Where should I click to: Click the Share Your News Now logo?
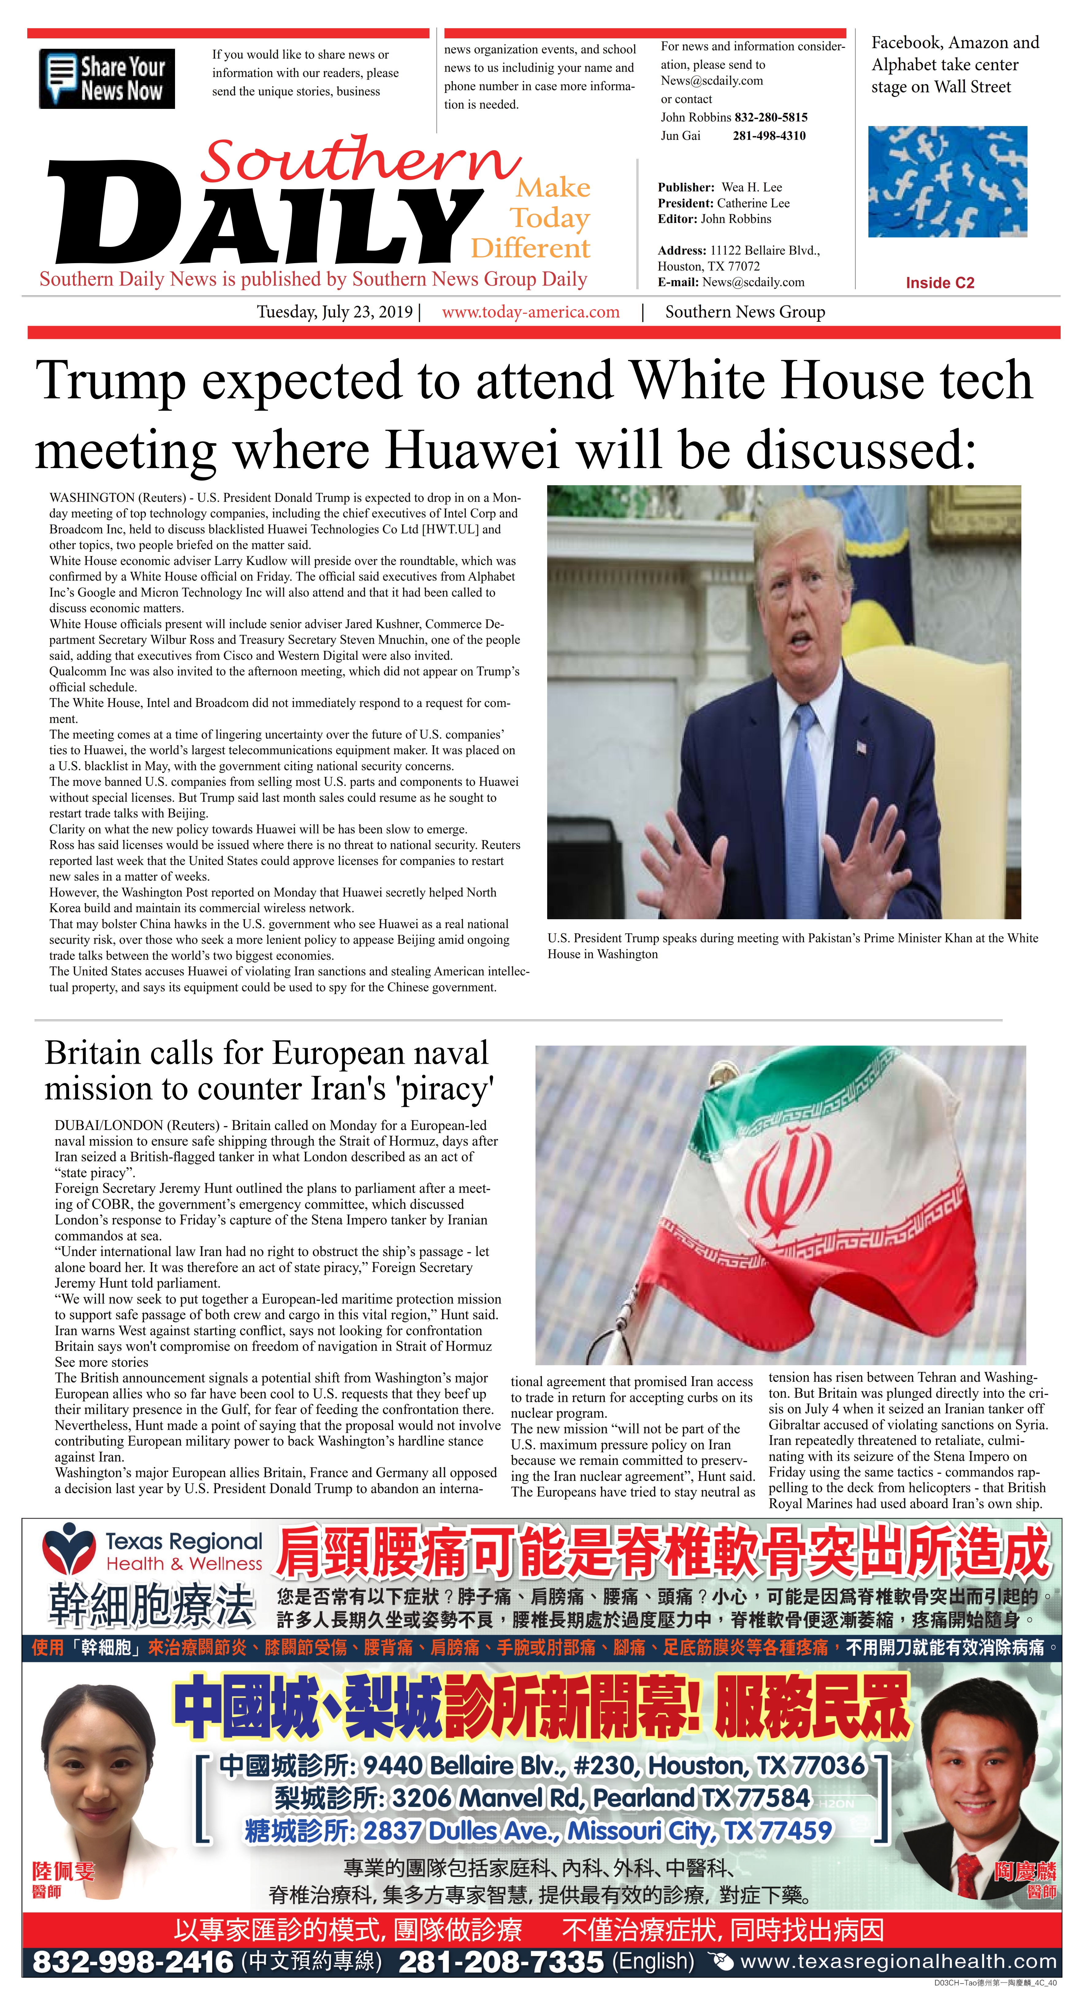[107, 79]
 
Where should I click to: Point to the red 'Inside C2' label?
[940, 283]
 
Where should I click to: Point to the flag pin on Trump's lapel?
[861, 747]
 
